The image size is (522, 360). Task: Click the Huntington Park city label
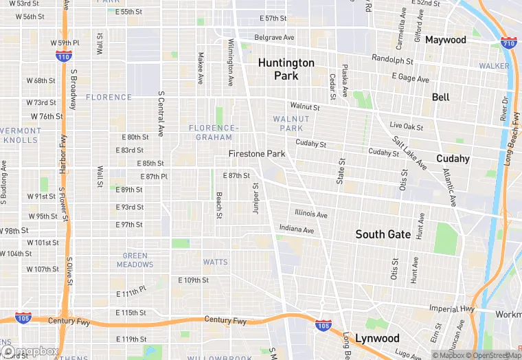pyautogui.click(x=286, y=69)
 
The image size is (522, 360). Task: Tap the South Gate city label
pyautogui.click(x=383, y=234)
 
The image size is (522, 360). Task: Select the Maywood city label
pyautogui.click(x=445, y=40)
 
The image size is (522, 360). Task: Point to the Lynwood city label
pyautogui.click(x=377, y=338)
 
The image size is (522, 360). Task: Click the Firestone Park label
pyautogui.click(x=256, y=154)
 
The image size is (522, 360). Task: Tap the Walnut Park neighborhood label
pyautogui.click(x=291, y=124)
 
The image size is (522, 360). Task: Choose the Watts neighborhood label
pyautogui.click(x=215, y=262)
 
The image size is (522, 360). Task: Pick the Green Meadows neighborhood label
pyautogui.click(x=135, y=260)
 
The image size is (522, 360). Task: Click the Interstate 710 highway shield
pyautogui.click(x=508, y=43)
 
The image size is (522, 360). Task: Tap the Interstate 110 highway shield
pyautogui.click(x=64, y=57)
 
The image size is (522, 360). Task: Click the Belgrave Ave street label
pyautogui.click(x=274, y=37)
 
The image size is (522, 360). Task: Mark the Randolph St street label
pyautogui.click(x=391, y=59)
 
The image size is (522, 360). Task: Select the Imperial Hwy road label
pyautogui.click(x=452, y=308)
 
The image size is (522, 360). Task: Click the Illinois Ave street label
pyautogui.click(x=311, y=214)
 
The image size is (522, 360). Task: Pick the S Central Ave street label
pyautogui.click(x=161, y=113)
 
